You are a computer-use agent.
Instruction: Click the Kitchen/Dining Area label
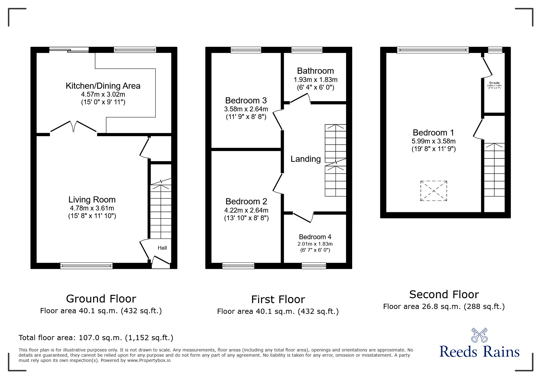(x=103, y=86)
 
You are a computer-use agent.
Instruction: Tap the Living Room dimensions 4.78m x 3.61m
(x=92, y=208)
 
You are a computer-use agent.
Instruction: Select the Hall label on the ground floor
(x=162, y=248)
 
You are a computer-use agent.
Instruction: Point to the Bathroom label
(x=315, y=71)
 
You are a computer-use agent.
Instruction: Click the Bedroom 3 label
(x=246, y=100)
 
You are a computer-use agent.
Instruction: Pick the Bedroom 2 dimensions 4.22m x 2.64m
(x=246, y=210)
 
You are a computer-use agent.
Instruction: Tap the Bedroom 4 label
(x=315, y=237)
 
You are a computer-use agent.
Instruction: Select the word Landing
(x=305, y=159)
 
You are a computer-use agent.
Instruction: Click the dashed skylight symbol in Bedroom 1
(x=433, y=191)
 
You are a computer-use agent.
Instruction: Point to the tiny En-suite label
(x=494, y=83)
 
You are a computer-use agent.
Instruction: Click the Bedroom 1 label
(x=433, y=132)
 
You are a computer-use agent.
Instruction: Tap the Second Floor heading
(x=444, y=294)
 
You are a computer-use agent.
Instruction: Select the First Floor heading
(x=278, y=299)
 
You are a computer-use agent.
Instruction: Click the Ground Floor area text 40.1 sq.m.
(x=101, y=311)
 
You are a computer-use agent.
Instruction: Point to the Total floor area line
(x=96, y=338)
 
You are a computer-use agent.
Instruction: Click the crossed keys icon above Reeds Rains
(x=479, y=335)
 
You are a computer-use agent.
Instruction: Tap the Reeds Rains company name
(x=479, y=352)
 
